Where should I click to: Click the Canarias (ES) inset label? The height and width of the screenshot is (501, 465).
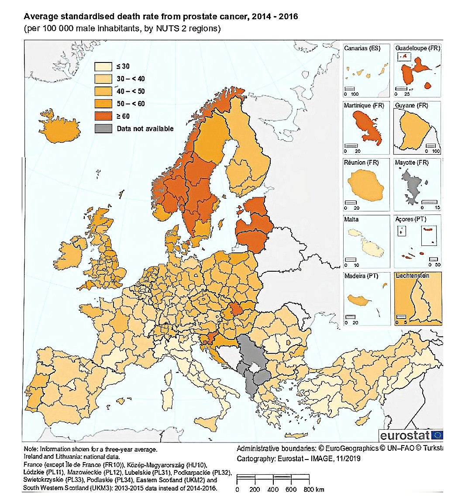362,48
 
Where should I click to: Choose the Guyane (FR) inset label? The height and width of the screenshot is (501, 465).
411,105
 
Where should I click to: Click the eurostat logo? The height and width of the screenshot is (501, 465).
411,435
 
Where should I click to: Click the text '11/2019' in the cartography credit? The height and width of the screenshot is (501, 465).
347,459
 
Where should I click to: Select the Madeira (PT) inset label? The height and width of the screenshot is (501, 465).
361,276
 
